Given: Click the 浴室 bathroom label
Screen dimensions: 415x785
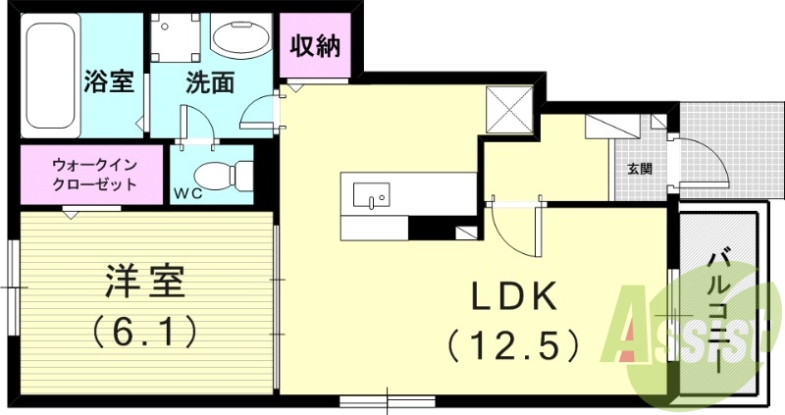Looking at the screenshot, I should [109, 82].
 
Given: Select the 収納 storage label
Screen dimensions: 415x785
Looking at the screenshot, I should [315, 46].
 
